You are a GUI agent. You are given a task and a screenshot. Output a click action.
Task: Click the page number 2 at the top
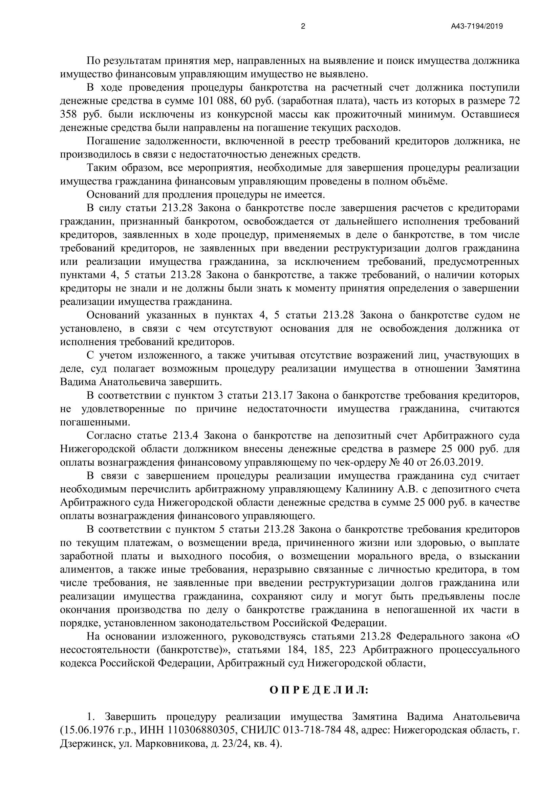pos(303,26)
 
